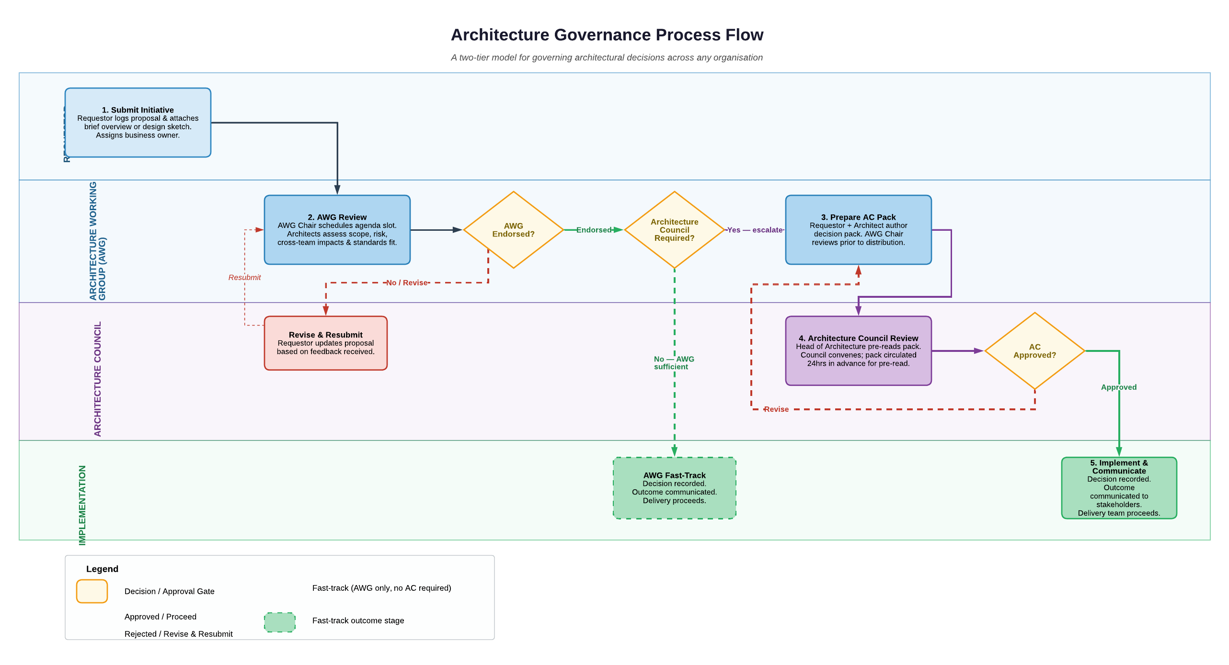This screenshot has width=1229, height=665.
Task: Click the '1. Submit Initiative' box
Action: (x=138, y=123)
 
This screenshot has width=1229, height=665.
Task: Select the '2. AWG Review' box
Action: (x=337, y=230)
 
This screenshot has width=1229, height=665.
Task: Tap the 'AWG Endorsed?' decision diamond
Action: (x=513, y=230)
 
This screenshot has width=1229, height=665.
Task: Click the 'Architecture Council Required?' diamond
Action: (x=674, y=230)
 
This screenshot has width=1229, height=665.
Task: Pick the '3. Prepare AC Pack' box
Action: (x=858, y=230)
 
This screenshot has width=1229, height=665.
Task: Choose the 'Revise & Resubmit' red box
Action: (x=325, y=343)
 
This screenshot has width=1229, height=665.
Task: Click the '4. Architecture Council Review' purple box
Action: (x=858, y=350)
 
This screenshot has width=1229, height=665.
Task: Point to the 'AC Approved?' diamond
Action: (x=1034, y=351)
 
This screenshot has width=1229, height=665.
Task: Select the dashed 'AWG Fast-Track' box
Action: (x=674, y=488)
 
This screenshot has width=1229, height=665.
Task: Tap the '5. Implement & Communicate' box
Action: (x=1119, y=488)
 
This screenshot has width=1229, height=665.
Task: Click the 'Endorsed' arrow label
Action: (x=594, y=230)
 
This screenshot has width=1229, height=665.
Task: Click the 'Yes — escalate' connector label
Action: (x=755, y=230)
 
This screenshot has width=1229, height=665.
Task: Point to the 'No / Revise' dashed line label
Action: (x=407, y=283)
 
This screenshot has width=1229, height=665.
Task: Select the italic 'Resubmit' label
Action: (x=244, y=277)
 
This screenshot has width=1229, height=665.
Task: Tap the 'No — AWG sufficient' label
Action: (x=673, y=363)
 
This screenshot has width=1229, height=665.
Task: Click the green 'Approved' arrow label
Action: (x=1118, y=387)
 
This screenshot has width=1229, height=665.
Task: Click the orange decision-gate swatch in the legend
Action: (x=92, y=591)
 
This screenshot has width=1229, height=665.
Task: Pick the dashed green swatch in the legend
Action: (x=280, y=622)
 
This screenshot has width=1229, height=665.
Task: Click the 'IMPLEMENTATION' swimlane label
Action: (x=82, y=505)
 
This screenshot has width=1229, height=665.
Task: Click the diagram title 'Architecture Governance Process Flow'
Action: (x=607, y=35)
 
